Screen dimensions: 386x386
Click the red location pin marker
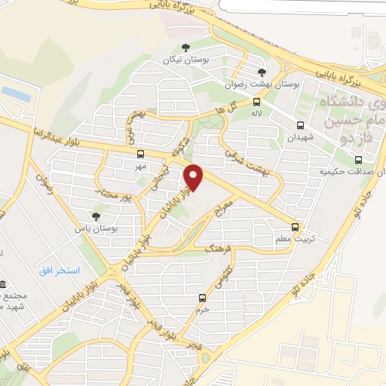195,177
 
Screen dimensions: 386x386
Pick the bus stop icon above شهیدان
301,126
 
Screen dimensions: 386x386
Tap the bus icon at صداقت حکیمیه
357,160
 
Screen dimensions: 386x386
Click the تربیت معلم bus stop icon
295,225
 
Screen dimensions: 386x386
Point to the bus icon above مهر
140,154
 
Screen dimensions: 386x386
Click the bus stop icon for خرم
201,298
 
